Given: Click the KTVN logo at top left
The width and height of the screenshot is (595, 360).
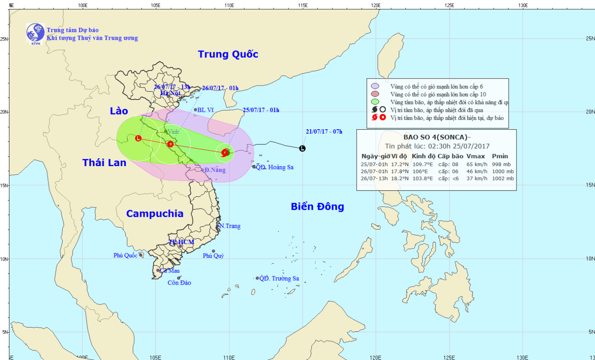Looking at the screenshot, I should [35, 33].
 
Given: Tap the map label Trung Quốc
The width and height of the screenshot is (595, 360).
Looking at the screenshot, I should [228, 54].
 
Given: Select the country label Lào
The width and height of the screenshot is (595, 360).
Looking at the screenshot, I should [119, 111].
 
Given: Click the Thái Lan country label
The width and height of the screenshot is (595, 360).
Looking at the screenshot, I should [104, 163].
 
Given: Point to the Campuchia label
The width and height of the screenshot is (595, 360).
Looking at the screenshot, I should [155, 214].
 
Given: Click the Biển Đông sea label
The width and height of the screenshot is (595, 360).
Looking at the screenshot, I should [317, 207].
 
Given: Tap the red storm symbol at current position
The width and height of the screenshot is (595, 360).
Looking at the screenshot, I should [225, 152].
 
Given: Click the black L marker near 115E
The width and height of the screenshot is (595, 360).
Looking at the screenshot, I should [303, 149].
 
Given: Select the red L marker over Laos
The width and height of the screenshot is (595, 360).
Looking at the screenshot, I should [138, 138].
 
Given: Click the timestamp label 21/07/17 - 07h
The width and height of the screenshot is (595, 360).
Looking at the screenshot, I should [324, 132].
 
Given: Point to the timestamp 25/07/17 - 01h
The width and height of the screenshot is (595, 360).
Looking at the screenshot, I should [261, 110].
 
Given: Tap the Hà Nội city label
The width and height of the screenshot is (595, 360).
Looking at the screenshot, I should [170, 93].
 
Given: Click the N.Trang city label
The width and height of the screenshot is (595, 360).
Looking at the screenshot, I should [230, 226].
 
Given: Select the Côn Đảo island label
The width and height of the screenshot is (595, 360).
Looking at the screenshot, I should [179, 283].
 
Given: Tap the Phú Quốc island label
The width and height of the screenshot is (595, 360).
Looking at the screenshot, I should [125, 255].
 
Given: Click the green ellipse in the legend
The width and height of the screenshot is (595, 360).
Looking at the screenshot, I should [375, 102].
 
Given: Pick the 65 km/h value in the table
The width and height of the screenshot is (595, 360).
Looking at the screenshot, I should [477, 164].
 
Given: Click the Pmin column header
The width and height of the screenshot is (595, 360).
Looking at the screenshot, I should [500, 156].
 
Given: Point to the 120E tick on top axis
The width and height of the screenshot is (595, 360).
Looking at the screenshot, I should [376, 6].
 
